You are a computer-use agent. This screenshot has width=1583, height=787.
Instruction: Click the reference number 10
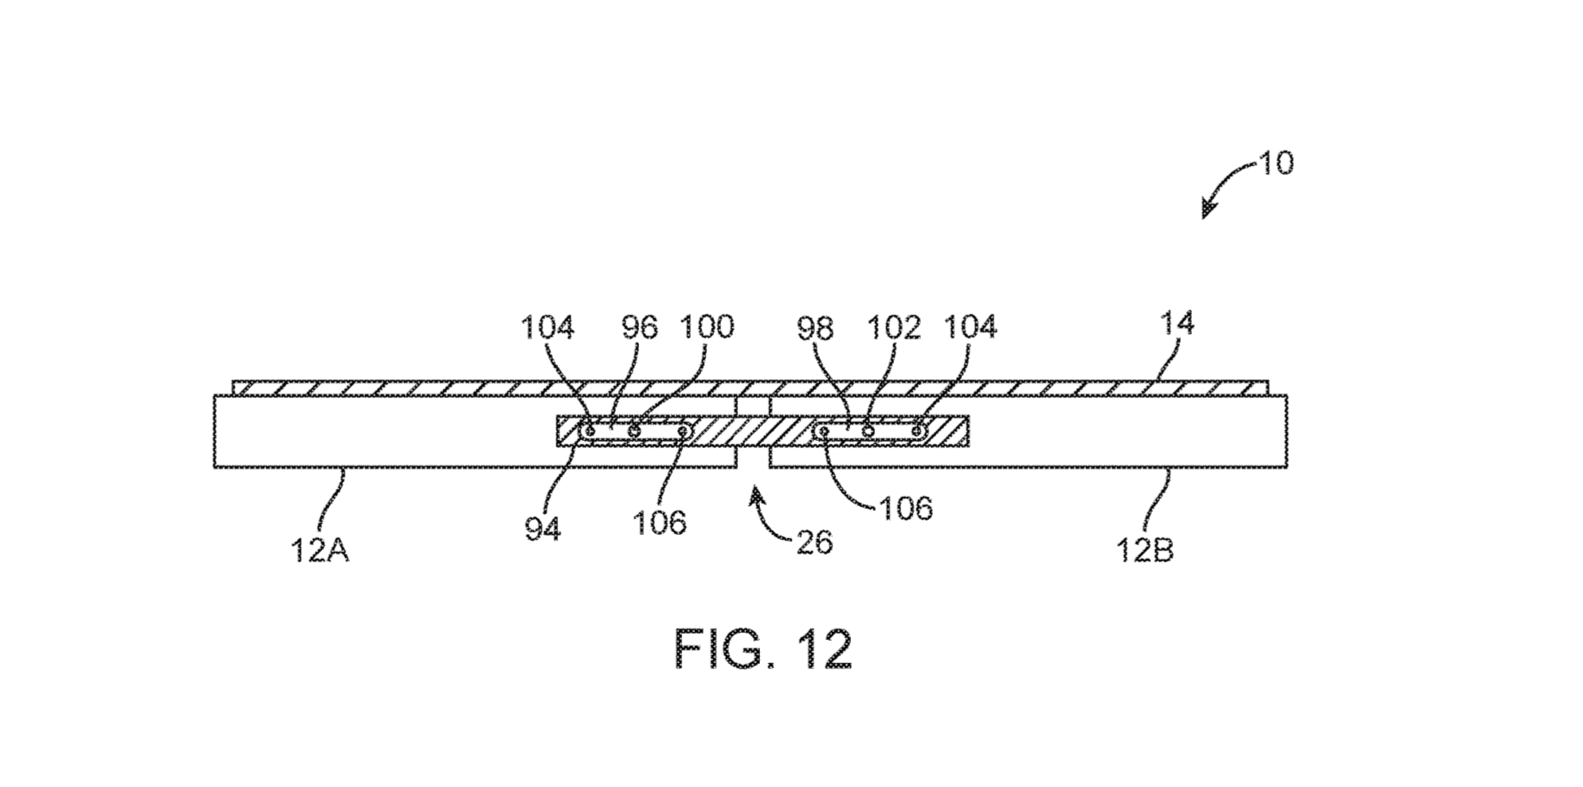[1276, 163]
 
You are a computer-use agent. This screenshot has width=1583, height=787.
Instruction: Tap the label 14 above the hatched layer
[1177, 324]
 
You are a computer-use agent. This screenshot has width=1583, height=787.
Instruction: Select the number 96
[639, 327]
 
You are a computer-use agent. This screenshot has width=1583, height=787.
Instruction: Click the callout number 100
[707, 327]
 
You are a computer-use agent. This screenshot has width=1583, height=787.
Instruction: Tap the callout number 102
[893, 327]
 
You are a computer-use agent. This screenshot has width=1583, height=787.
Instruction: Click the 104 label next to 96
[548, 327]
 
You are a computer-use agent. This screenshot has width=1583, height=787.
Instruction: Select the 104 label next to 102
[971, 327]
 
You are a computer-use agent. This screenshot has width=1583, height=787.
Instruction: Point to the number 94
[543, 529]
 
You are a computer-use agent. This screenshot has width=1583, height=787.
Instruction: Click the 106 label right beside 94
[660, 523]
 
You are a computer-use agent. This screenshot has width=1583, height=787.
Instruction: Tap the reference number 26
[815, 542]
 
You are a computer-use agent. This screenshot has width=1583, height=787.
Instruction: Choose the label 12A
[320, 549]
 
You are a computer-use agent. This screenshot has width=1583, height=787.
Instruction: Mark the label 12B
[1145, 549]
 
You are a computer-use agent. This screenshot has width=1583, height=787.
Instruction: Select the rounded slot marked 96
[636, 431]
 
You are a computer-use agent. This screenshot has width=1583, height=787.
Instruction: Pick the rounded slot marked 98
[872, 431]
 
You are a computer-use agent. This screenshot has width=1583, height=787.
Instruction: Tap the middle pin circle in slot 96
[634, 431]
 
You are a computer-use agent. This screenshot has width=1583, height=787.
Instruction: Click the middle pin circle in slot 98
[869, 431]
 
